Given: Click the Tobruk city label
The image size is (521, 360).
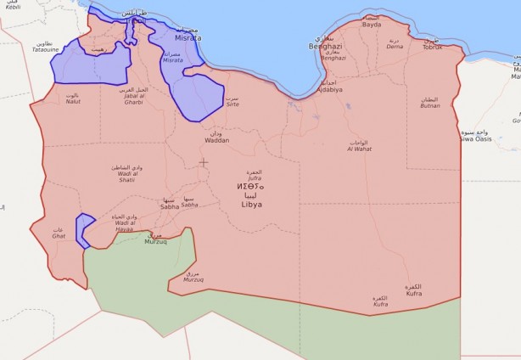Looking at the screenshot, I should point(433,47).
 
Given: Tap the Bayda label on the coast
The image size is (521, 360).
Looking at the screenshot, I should point(372,25).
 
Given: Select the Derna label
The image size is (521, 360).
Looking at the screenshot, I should point(395,48).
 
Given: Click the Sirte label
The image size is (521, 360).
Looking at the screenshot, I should point(232,105).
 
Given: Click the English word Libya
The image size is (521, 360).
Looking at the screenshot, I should point(252,205).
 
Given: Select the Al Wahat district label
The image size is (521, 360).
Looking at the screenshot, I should point(359,149).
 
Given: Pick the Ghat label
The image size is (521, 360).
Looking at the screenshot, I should point(59,236).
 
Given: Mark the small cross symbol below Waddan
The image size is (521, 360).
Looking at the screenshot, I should point(203,161).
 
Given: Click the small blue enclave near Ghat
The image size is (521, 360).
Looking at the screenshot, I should point(83,230).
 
